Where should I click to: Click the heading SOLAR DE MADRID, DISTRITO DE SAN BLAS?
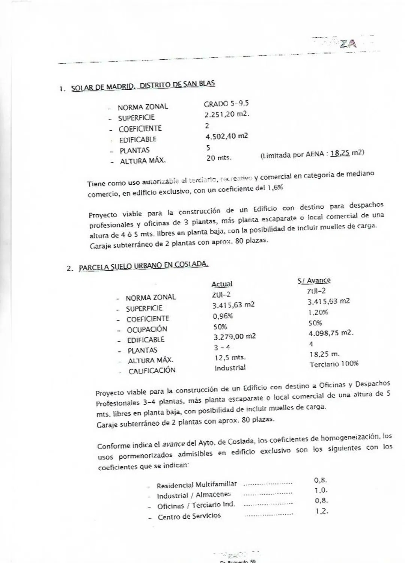(143, 86)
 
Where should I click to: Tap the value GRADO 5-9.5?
(226, 104)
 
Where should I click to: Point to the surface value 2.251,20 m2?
(227, 114)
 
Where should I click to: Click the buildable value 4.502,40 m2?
(227, 136)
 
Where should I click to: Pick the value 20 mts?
(218, 158)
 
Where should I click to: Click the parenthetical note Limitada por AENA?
(312, 154)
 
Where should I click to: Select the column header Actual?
(222, 284)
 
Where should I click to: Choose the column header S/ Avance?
(314, 281)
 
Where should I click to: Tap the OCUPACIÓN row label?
(147, 329)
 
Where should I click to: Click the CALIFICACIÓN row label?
(152, 370)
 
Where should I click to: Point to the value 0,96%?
(223, 316)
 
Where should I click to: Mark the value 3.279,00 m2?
(235, 337)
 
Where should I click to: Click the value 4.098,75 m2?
(331, 333)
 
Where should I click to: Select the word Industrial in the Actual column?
(230, 368)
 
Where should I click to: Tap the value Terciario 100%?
(334, 364)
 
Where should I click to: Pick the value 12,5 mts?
(230, 358)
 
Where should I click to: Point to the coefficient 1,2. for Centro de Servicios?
(322, 511)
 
